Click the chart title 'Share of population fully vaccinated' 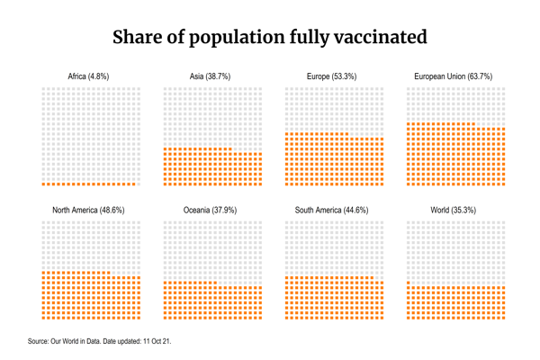tap(269, 38)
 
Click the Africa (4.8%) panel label tap(89, 76)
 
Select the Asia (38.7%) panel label tap(210, 76)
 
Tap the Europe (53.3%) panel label tap(331, 76)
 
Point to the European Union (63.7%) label tap(453, 76)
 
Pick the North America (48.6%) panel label tap(88, 210)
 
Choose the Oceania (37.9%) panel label tap(210, 210)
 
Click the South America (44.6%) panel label tap(331, 210)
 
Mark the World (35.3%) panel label tap(453, 210)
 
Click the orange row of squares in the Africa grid tap(89, 184)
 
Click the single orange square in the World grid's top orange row tap(409, 283)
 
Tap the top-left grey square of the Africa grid tap(43, 88)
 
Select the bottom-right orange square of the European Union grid tap(504, 184)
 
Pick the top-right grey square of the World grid tap(504, 221)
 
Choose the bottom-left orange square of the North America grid tap(43, 318)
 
